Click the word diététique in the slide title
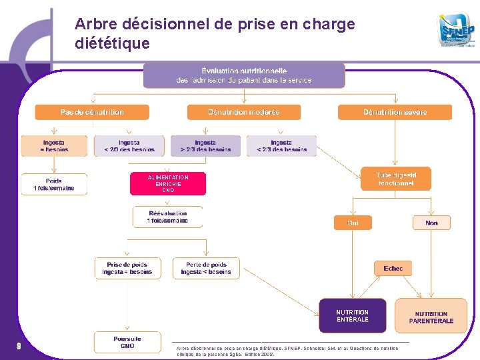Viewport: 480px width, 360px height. coord(112,44)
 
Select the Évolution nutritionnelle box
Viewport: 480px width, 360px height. coord(244,75)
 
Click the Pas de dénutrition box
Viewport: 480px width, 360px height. coord(92,112)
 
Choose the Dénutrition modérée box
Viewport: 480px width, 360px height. coord(244,112)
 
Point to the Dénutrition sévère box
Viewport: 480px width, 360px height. coord(395,112)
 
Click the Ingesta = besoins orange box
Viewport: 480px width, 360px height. coord(54,146)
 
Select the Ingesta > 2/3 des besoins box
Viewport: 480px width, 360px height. coord(205,146)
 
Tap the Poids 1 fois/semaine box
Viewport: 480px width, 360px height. coord(54,184)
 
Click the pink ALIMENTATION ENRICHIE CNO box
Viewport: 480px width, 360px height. coord(168,184)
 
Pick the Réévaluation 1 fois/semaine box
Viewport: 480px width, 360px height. coord(168,217)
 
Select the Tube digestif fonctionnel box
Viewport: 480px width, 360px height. coord(396,179)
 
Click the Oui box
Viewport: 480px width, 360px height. coord(353,223)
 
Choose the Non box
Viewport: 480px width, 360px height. coord(431,223)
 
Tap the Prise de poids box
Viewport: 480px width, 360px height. coord(127,268)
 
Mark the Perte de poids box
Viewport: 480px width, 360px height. coord(206,268)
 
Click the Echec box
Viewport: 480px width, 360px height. coord(393,268)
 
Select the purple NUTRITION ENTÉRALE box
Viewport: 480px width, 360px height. coord(352,315)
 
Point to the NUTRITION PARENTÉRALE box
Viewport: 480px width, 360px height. coord(431,317)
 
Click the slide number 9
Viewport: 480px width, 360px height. coord(19,345)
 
